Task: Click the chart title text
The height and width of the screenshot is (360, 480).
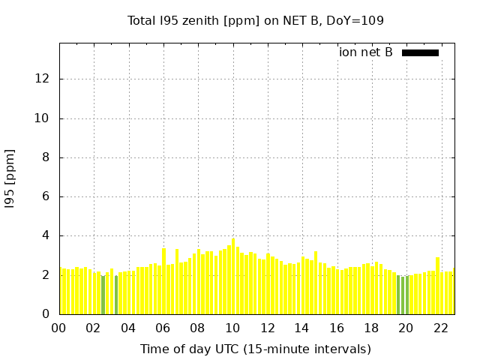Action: [256, 20]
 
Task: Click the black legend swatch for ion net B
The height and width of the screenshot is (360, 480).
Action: [420, 52]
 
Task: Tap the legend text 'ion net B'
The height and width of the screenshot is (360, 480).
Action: [366, 52]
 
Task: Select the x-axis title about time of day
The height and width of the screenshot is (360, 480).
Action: [256, 349]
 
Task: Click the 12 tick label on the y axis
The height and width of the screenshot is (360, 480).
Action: [45, 79]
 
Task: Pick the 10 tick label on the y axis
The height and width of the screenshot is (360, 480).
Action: [45, 118]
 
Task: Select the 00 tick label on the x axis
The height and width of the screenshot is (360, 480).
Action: [59, 328]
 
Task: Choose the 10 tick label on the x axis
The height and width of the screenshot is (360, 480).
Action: [232, 328]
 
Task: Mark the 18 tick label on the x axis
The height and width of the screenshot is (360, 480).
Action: [371, 328]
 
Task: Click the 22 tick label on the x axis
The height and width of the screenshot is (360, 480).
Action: [441, 328]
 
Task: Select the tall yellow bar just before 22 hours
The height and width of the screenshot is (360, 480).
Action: [437, 286]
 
